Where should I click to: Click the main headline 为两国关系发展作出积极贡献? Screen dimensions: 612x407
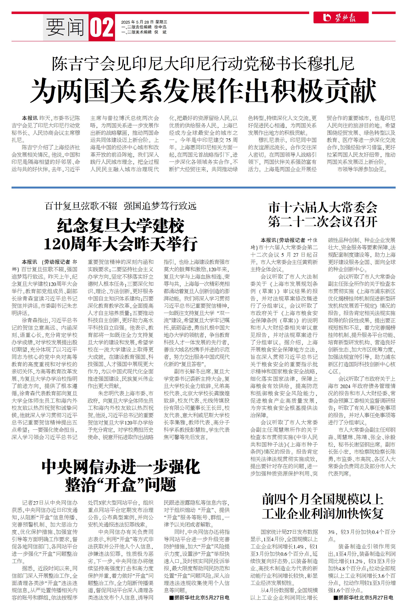203,91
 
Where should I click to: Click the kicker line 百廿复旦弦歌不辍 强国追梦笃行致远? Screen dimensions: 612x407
121,206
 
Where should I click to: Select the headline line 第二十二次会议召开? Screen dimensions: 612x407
323,222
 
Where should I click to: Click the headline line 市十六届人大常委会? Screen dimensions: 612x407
323,208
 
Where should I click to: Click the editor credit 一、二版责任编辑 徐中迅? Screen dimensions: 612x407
144,27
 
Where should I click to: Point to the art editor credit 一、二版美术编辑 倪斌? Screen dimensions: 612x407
144,32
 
